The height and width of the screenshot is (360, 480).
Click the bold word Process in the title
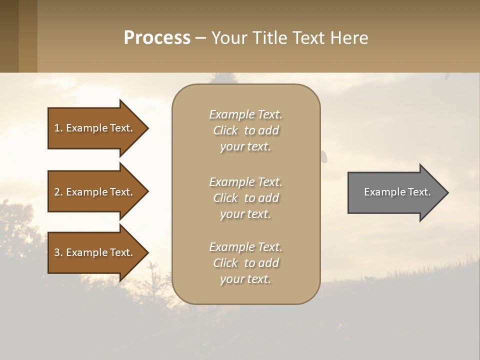157,38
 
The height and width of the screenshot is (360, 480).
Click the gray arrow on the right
395,192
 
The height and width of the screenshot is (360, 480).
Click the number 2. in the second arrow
58,192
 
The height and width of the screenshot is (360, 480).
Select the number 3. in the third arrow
58,252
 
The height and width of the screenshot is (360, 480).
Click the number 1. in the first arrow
58,128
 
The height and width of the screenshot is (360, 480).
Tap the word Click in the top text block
225,130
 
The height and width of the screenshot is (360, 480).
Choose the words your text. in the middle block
245,214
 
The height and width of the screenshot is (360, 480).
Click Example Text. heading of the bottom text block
245,247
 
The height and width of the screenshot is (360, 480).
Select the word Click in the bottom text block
225,263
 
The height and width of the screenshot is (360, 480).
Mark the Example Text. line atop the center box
245,114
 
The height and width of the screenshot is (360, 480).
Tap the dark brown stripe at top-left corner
9,36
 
